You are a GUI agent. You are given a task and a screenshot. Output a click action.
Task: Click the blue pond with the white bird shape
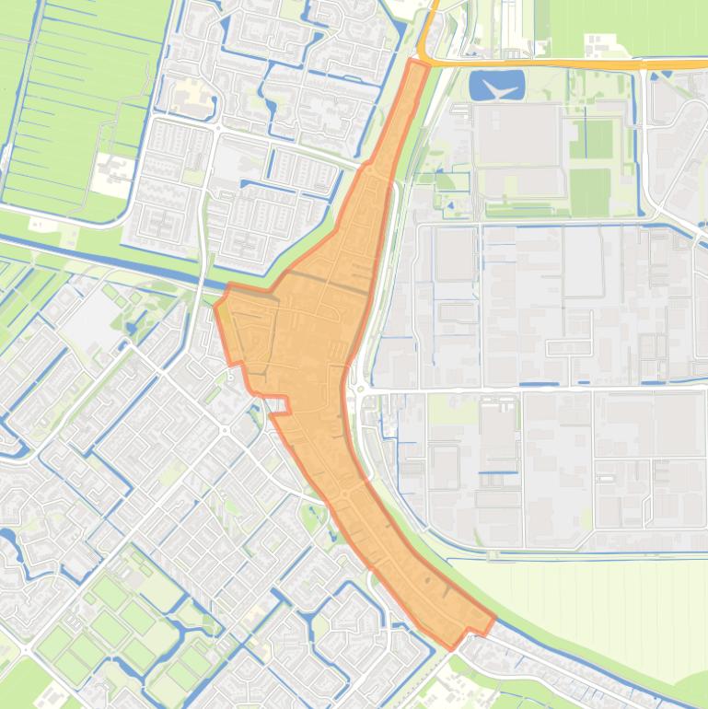coord(496,86)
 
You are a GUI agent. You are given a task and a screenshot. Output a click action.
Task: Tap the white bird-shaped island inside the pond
coord(497,89)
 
